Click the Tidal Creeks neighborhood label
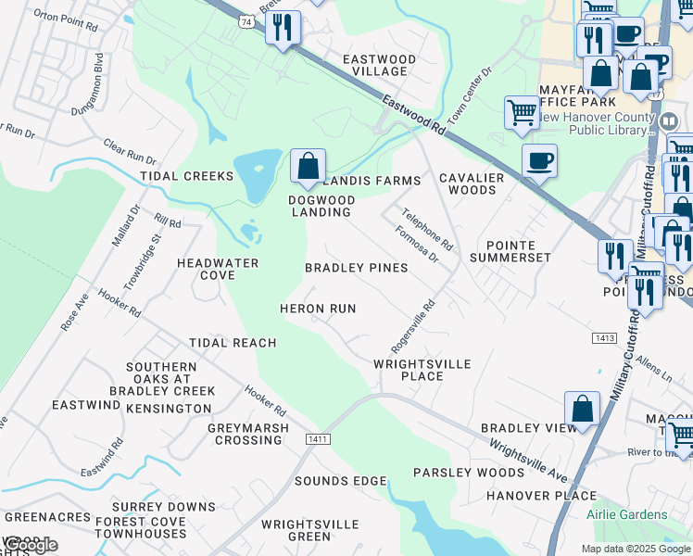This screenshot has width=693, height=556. coord(186,176)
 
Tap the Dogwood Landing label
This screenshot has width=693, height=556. coord(320,206)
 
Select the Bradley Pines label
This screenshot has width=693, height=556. coord(357,268)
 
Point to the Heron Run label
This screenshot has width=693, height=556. coord(318,308)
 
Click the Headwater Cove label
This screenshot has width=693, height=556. coord(218,269)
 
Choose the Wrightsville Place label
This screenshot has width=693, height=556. coord(422,371)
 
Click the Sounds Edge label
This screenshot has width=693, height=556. coord(340,481)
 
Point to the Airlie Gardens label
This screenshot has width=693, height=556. coord(626,514)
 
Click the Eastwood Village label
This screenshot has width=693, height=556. coord(380,65)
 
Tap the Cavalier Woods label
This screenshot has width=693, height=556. coord(472,183)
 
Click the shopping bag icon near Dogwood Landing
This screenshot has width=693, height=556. coord(309,167)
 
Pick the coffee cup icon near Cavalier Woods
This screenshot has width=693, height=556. coord(539,161)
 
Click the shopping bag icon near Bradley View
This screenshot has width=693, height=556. coord(582,409)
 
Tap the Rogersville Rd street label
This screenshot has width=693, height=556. coord(413,325)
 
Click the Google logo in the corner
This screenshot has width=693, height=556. coord(30,545)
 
